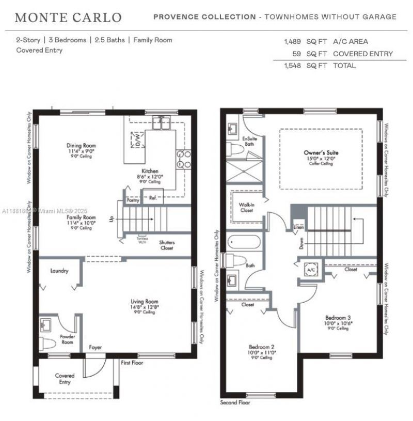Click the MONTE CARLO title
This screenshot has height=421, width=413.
(x=68, y=18)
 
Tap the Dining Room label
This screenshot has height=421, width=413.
(x=81, y=146)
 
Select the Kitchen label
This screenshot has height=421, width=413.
(x=150, y=171)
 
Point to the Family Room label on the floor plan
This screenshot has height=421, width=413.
(x=81, y=218)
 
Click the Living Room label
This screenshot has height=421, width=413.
(x=144, y=301)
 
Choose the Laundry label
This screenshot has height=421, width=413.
(x=59, y=271)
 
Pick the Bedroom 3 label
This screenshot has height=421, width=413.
(x=338, y=318)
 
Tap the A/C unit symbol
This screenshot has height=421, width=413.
(x=311, y=270)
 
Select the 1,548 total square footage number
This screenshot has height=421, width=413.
(x=292, y=66)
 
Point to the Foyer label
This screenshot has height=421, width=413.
(x=96, y=347)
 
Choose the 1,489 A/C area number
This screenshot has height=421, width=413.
(x=292, y=41)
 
